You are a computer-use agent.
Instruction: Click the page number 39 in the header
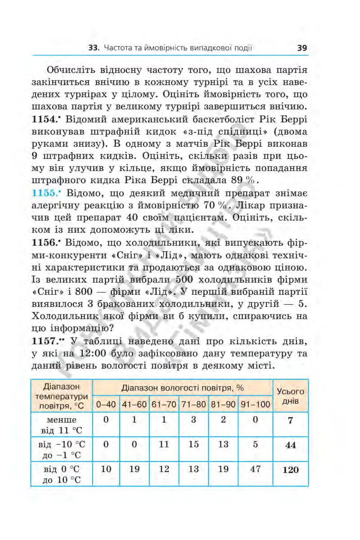pyautogui.click(x=302, y=48)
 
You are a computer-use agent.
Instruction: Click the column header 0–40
pyautogui.click(x=106, y=404)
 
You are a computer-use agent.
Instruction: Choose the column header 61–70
pyautogui.click(x=164, y=404)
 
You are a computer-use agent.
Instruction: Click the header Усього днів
pyautogui.click(x=290, y=396)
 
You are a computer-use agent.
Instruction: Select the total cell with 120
pyautogui.click(x=290, y=470)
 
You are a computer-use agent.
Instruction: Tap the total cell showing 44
pyautogui.click(x=290, y=445)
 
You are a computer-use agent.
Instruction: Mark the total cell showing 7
pyautogui.click(x=290, y=421)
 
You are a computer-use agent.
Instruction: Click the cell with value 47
pyautogui.click(x=255, y=469)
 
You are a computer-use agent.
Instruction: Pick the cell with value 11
pyautogui.click(x=164, y=444)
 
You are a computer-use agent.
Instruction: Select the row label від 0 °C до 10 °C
pyautogui.click(x=62, y=474)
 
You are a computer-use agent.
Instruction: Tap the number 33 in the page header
pyautogui.click(x=93, y=48)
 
